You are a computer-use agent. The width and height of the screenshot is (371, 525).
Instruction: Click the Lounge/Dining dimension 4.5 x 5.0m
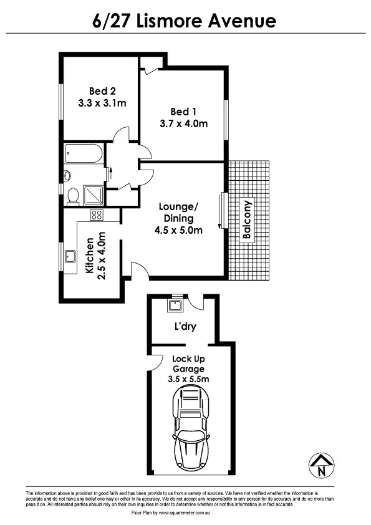178,230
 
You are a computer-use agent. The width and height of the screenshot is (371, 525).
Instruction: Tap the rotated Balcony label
247,219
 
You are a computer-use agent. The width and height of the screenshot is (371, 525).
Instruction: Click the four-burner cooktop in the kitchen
97,215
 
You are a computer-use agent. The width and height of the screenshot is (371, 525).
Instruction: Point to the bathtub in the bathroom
83,153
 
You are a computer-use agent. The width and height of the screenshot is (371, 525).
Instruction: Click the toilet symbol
73,196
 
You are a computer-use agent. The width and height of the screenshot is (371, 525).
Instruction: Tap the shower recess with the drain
94,194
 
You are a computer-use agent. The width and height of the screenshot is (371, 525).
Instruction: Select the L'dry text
185,326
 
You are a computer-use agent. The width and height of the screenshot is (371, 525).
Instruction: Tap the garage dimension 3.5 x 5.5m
189,378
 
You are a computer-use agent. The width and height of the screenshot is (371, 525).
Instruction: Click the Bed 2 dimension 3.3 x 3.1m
103,102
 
